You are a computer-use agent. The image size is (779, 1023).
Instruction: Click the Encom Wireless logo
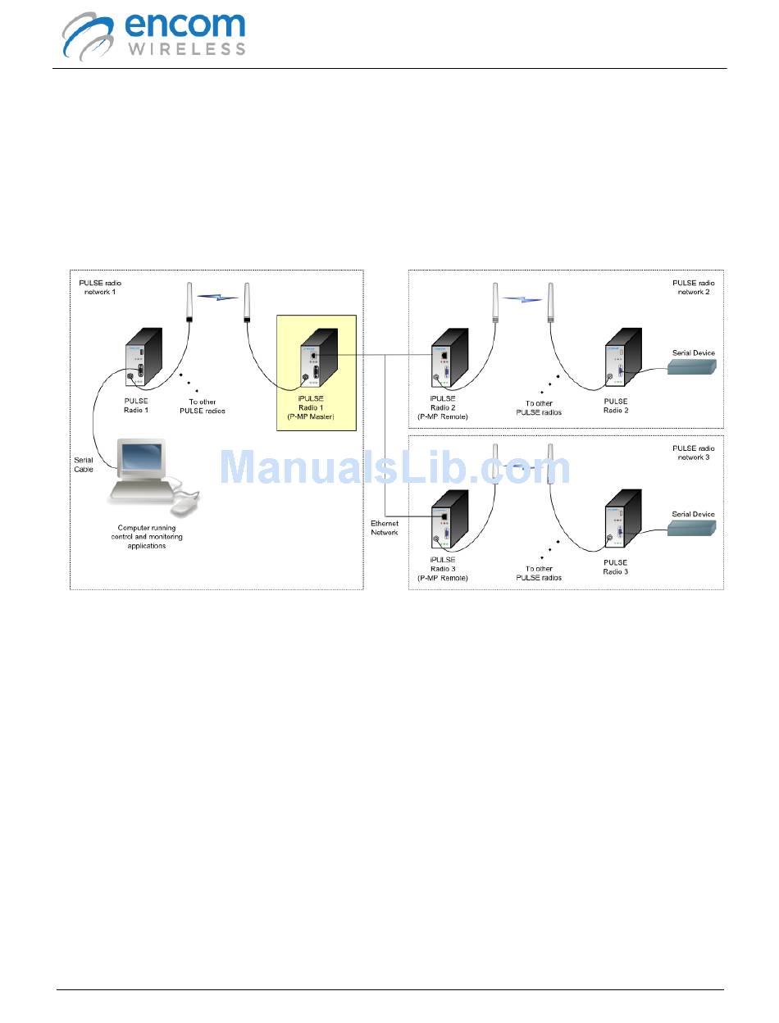[154, 34]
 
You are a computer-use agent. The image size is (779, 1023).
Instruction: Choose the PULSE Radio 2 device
[622, 359]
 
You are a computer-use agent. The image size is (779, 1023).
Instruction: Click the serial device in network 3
[693, 529]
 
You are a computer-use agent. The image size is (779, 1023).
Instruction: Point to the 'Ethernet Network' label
[384, 527]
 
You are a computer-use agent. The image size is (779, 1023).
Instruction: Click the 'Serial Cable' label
[84, 465]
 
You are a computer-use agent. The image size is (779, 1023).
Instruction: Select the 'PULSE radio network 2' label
[694, 288]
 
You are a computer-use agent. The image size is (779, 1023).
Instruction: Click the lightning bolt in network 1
[217, 297]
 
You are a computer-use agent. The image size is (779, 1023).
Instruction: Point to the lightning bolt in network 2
[522, 298]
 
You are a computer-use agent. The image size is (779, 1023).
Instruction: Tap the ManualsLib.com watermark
[395, 468]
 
